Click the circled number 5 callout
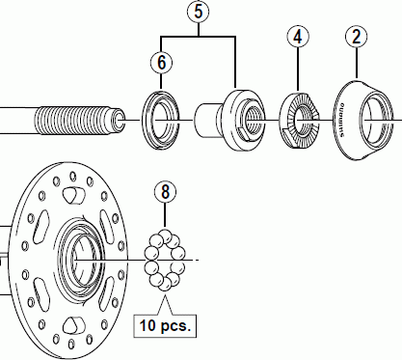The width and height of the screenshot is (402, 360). [x=199, y=12]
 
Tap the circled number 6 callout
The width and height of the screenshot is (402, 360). [x=161, y=62]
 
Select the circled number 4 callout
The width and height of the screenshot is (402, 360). [x=298, y=37]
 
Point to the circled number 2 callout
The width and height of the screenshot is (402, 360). [x=357, y=37]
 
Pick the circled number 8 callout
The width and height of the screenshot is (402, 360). [x=165, y=192]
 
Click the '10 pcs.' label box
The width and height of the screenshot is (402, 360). [x=165, y=326]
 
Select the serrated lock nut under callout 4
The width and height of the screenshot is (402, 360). [x=300, y=120]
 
